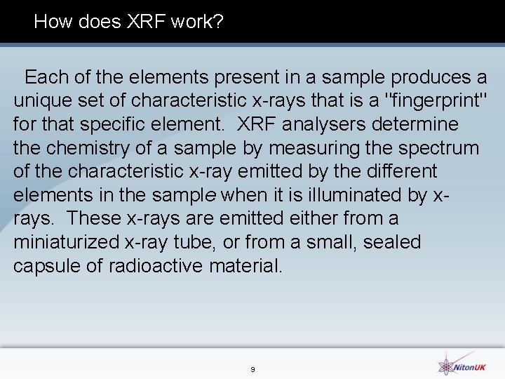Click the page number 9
pyautogui.click(x=252, y=369)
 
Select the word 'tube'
pyautogui.click(x=194, y=243)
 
